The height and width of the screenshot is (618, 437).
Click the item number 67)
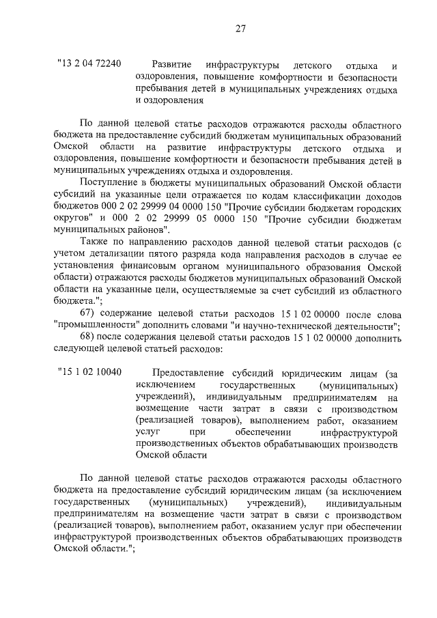coord(90,313)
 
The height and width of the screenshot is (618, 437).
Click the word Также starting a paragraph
coord(96,244)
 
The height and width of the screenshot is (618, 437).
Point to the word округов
coord(70,220)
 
